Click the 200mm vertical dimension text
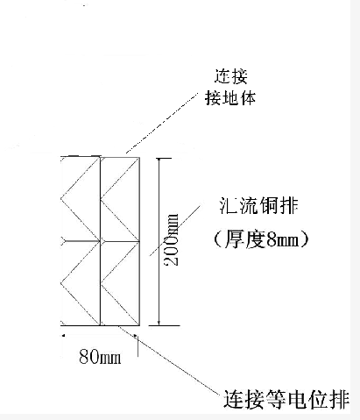click(172, 240)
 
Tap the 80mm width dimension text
click(100, 357)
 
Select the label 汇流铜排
click(258, 206)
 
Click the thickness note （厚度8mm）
click(261, 239)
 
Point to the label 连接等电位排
click(286, 399)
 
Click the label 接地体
click(230, 98)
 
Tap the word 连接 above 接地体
click(231, 76)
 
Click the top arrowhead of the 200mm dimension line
click(159, 160)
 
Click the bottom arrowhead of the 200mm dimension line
click(159, 323)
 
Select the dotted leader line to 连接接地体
click(162, 122)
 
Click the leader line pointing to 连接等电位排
click(170, 360)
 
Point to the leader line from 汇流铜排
click(175, 231)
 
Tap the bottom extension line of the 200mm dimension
click(164, 325)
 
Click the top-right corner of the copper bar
click(139, 157)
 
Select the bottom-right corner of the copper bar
click(139, 325)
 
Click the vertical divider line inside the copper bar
click(101, 241)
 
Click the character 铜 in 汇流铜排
click(268, 206)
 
